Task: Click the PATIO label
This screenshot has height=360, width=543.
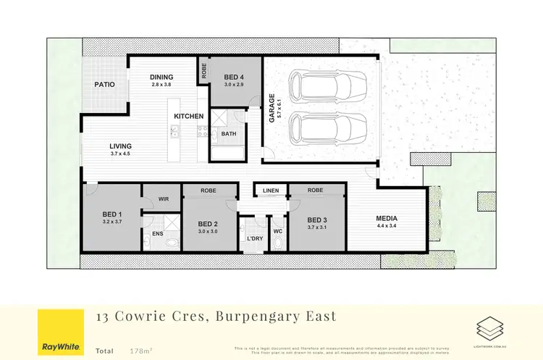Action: [x=105, y=85]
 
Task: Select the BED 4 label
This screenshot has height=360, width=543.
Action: [x=234, y=77]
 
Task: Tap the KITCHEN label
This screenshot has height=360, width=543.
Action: [x=189, y=117]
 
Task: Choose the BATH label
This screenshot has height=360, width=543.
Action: [x=229, y=133]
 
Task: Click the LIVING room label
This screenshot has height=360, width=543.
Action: [x=120, y=146]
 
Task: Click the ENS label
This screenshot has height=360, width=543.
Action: [x=157, y=233]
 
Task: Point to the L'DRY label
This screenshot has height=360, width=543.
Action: [x=254, y=238]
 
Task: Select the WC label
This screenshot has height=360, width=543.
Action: [x=277, y=232]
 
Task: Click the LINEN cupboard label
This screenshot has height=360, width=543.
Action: [x=270, y=191]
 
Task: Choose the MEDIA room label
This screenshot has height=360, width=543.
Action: [x=386, y=218]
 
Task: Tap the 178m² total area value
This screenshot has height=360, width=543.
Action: [x=136, y=351]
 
